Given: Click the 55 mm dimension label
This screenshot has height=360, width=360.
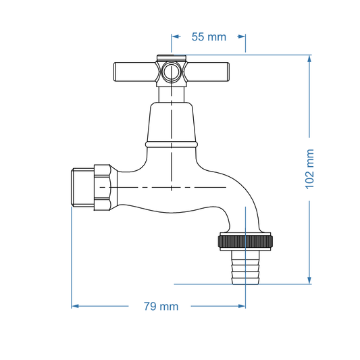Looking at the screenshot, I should [209, 37].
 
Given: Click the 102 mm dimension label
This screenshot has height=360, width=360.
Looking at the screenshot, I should [310, 169].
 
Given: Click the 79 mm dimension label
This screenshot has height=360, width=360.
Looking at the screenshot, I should [161, 306].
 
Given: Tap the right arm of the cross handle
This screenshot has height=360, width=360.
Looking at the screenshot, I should [210, 70].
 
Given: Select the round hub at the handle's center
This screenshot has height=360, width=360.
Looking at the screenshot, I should [172, 71].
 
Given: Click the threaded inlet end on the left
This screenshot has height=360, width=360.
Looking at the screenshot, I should [82, 187].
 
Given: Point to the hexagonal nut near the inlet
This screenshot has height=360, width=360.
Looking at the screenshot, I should [103, 187].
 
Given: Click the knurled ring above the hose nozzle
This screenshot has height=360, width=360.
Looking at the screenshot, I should [245, 240].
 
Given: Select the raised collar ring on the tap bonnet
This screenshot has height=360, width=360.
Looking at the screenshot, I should [172, 144].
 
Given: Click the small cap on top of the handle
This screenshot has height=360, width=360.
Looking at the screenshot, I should [172, 57].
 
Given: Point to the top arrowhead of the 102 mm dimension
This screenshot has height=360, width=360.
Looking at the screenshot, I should [310, 58].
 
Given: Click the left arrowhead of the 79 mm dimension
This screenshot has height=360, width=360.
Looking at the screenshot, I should [76, 306].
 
